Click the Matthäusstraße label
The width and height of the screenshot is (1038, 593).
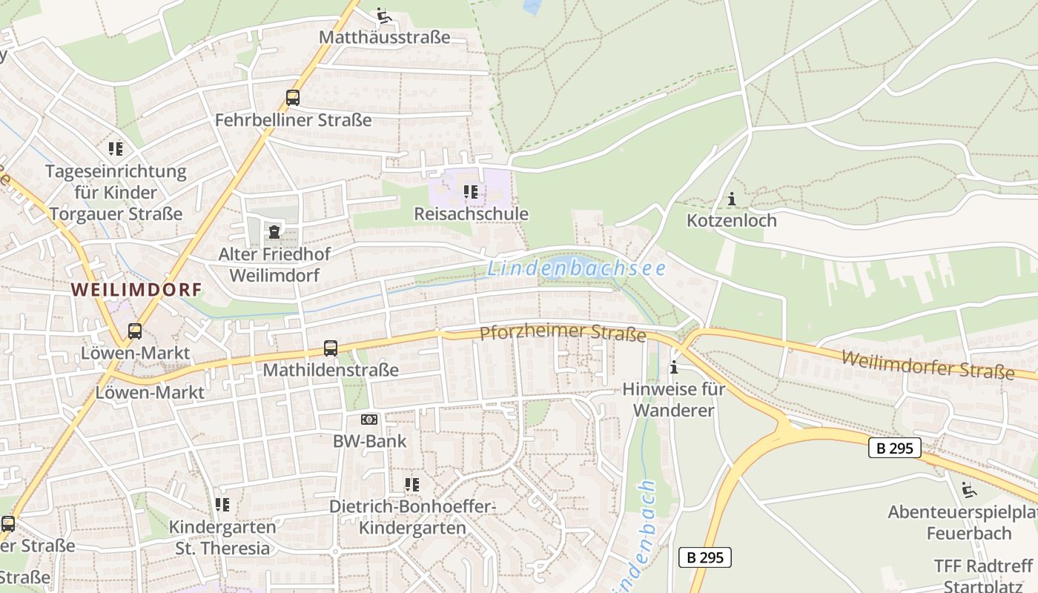click(x=384, y=36)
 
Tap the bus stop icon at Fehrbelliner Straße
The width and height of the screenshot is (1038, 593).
click(x=293, y=98)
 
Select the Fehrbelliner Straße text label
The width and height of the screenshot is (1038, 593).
click(x=293, y=119)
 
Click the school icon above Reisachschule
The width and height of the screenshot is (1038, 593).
click(x=471, y=192)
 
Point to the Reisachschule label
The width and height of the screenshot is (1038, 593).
click(x=471, y=214)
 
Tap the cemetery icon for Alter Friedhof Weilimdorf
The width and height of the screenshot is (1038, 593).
click(x=274, y=232)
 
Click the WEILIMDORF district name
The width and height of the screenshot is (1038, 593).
click(x=136, y=290)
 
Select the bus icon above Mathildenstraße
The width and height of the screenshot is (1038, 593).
click(x=331, y=348)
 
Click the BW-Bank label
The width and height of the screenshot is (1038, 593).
click(x=369, y=441)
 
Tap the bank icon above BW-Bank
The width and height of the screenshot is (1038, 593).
click(x=369, y=420)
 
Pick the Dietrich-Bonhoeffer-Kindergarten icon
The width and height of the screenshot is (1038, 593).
click(x=412, y=485)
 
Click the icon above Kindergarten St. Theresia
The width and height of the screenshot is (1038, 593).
click(x=222, y=505)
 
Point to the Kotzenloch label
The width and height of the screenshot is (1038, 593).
click(x=731, y=220)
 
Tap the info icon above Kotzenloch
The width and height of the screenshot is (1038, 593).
click(x=732, y=199)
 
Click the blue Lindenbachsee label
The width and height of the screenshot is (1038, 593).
click(x=576, y=268)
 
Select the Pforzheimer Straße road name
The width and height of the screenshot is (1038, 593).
click(x=563, y=333)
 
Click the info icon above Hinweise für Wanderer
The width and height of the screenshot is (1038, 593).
click(x=674, y=367)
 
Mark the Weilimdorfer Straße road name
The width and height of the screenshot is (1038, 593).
click(x=928, y=365)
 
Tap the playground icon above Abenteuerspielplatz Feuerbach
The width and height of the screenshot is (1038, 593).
click(x=968, y=490)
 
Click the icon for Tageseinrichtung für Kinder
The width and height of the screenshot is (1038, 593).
click(x=116, y=149)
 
